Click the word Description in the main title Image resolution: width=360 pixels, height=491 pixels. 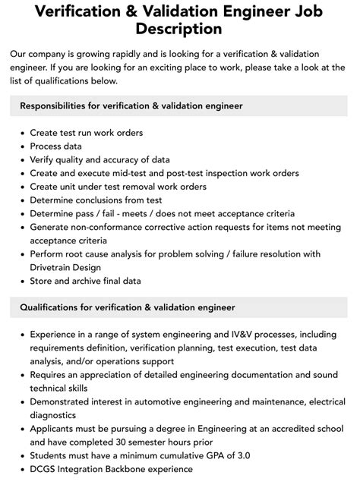[179, 30]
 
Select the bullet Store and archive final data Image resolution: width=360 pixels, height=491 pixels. [85, 281]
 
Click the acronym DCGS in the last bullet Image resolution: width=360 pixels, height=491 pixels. [44, 469]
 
